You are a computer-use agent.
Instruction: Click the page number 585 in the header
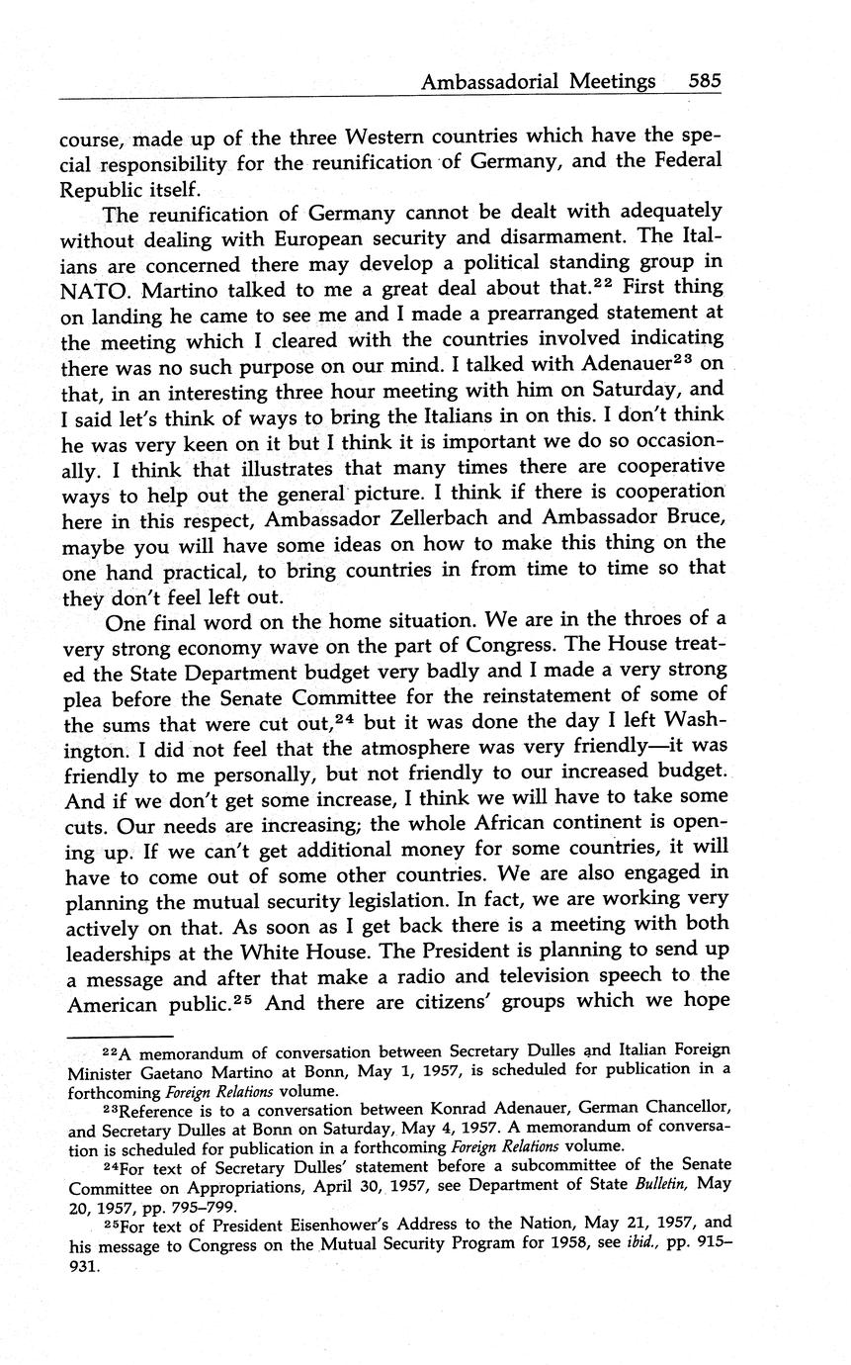pyautogui.click(x=705, y=83)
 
